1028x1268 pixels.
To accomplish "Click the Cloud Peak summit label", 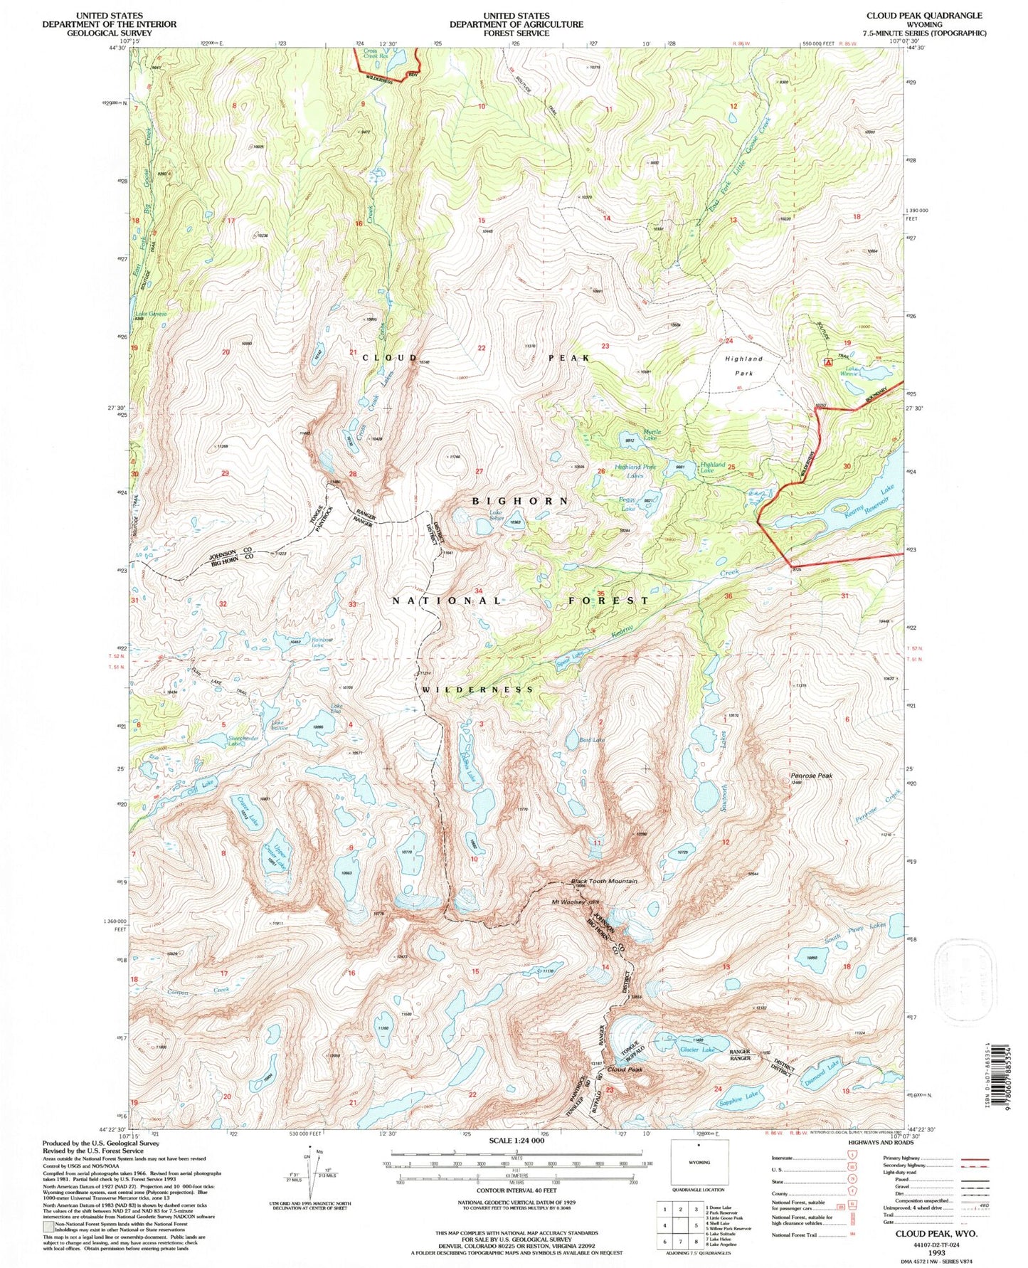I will pos(625,1069).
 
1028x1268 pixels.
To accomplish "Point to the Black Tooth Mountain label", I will pos(604,882).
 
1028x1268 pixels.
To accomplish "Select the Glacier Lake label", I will pos(697,1050).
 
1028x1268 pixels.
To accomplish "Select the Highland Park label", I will pos(743,366).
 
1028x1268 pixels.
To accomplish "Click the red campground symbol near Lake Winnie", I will pos(827,362).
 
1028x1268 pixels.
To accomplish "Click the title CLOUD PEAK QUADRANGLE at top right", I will pos(923,15).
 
